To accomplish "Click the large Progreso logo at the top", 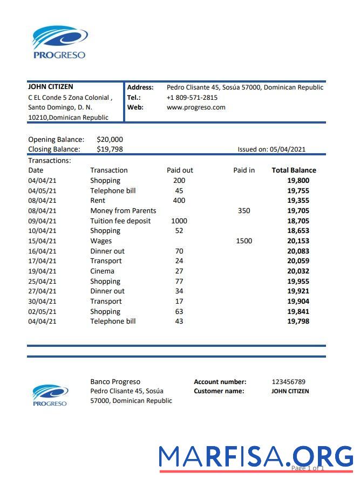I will pyautogui.click(x=59, y=42).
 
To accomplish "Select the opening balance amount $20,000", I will pyautogui.click(x=110, y=140).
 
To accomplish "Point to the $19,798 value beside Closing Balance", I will pyautogui.click(x=110, y=149).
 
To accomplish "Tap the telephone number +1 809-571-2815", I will pyautogui.click(x=192, y=98).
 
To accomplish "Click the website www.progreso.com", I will pyautogui.click(x=196, y=107).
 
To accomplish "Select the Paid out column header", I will pyautogui.click(x=180, y=170).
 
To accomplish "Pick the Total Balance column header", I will pyautogui.click(x=294, y=170).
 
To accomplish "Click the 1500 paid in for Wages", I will pyautogui.click(x=244, y=241).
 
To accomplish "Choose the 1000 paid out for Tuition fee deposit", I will pyautogui.click(x=179, y=221).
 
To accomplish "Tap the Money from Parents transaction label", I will pyautogui.click(x=123, y=211).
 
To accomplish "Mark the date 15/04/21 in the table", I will pyautogui.click(x=42, y=241).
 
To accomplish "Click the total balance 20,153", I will pyautogui.click(x=298, y=241).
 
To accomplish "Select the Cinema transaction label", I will pyautogui.click(x=102, y=271).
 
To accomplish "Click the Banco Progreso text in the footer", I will pyautogui.click(x=115, y=382).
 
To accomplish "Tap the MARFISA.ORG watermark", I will pyautogui.click(x=256, y=457).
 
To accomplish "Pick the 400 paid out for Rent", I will pyautogui.click(x=179, y=201).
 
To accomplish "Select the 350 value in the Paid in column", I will pyautogui.click(x=244, y=211).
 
